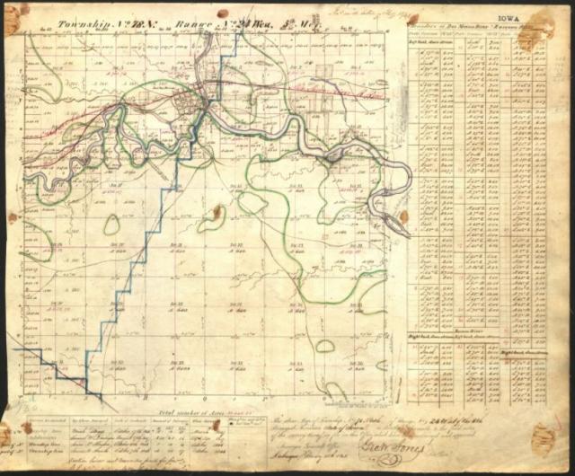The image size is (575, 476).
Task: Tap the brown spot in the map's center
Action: (217, 212)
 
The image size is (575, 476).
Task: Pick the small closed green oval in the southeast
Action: (325, 346)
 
